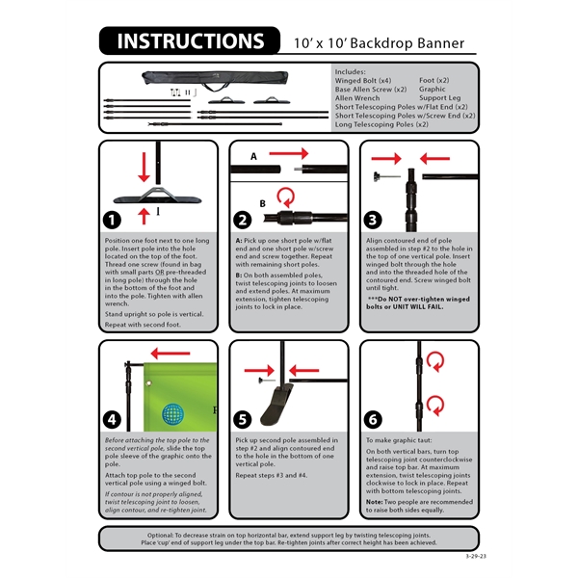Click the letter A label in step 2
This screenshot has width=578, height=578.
pyautogui.click(x=253, y=155)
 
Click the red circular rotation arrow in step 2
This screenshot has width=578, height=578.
pyautogui.click(x=286, y=197)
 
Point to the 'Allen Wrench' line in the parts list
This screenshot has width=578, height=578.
pyautogui.click(x=359, y=97)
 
